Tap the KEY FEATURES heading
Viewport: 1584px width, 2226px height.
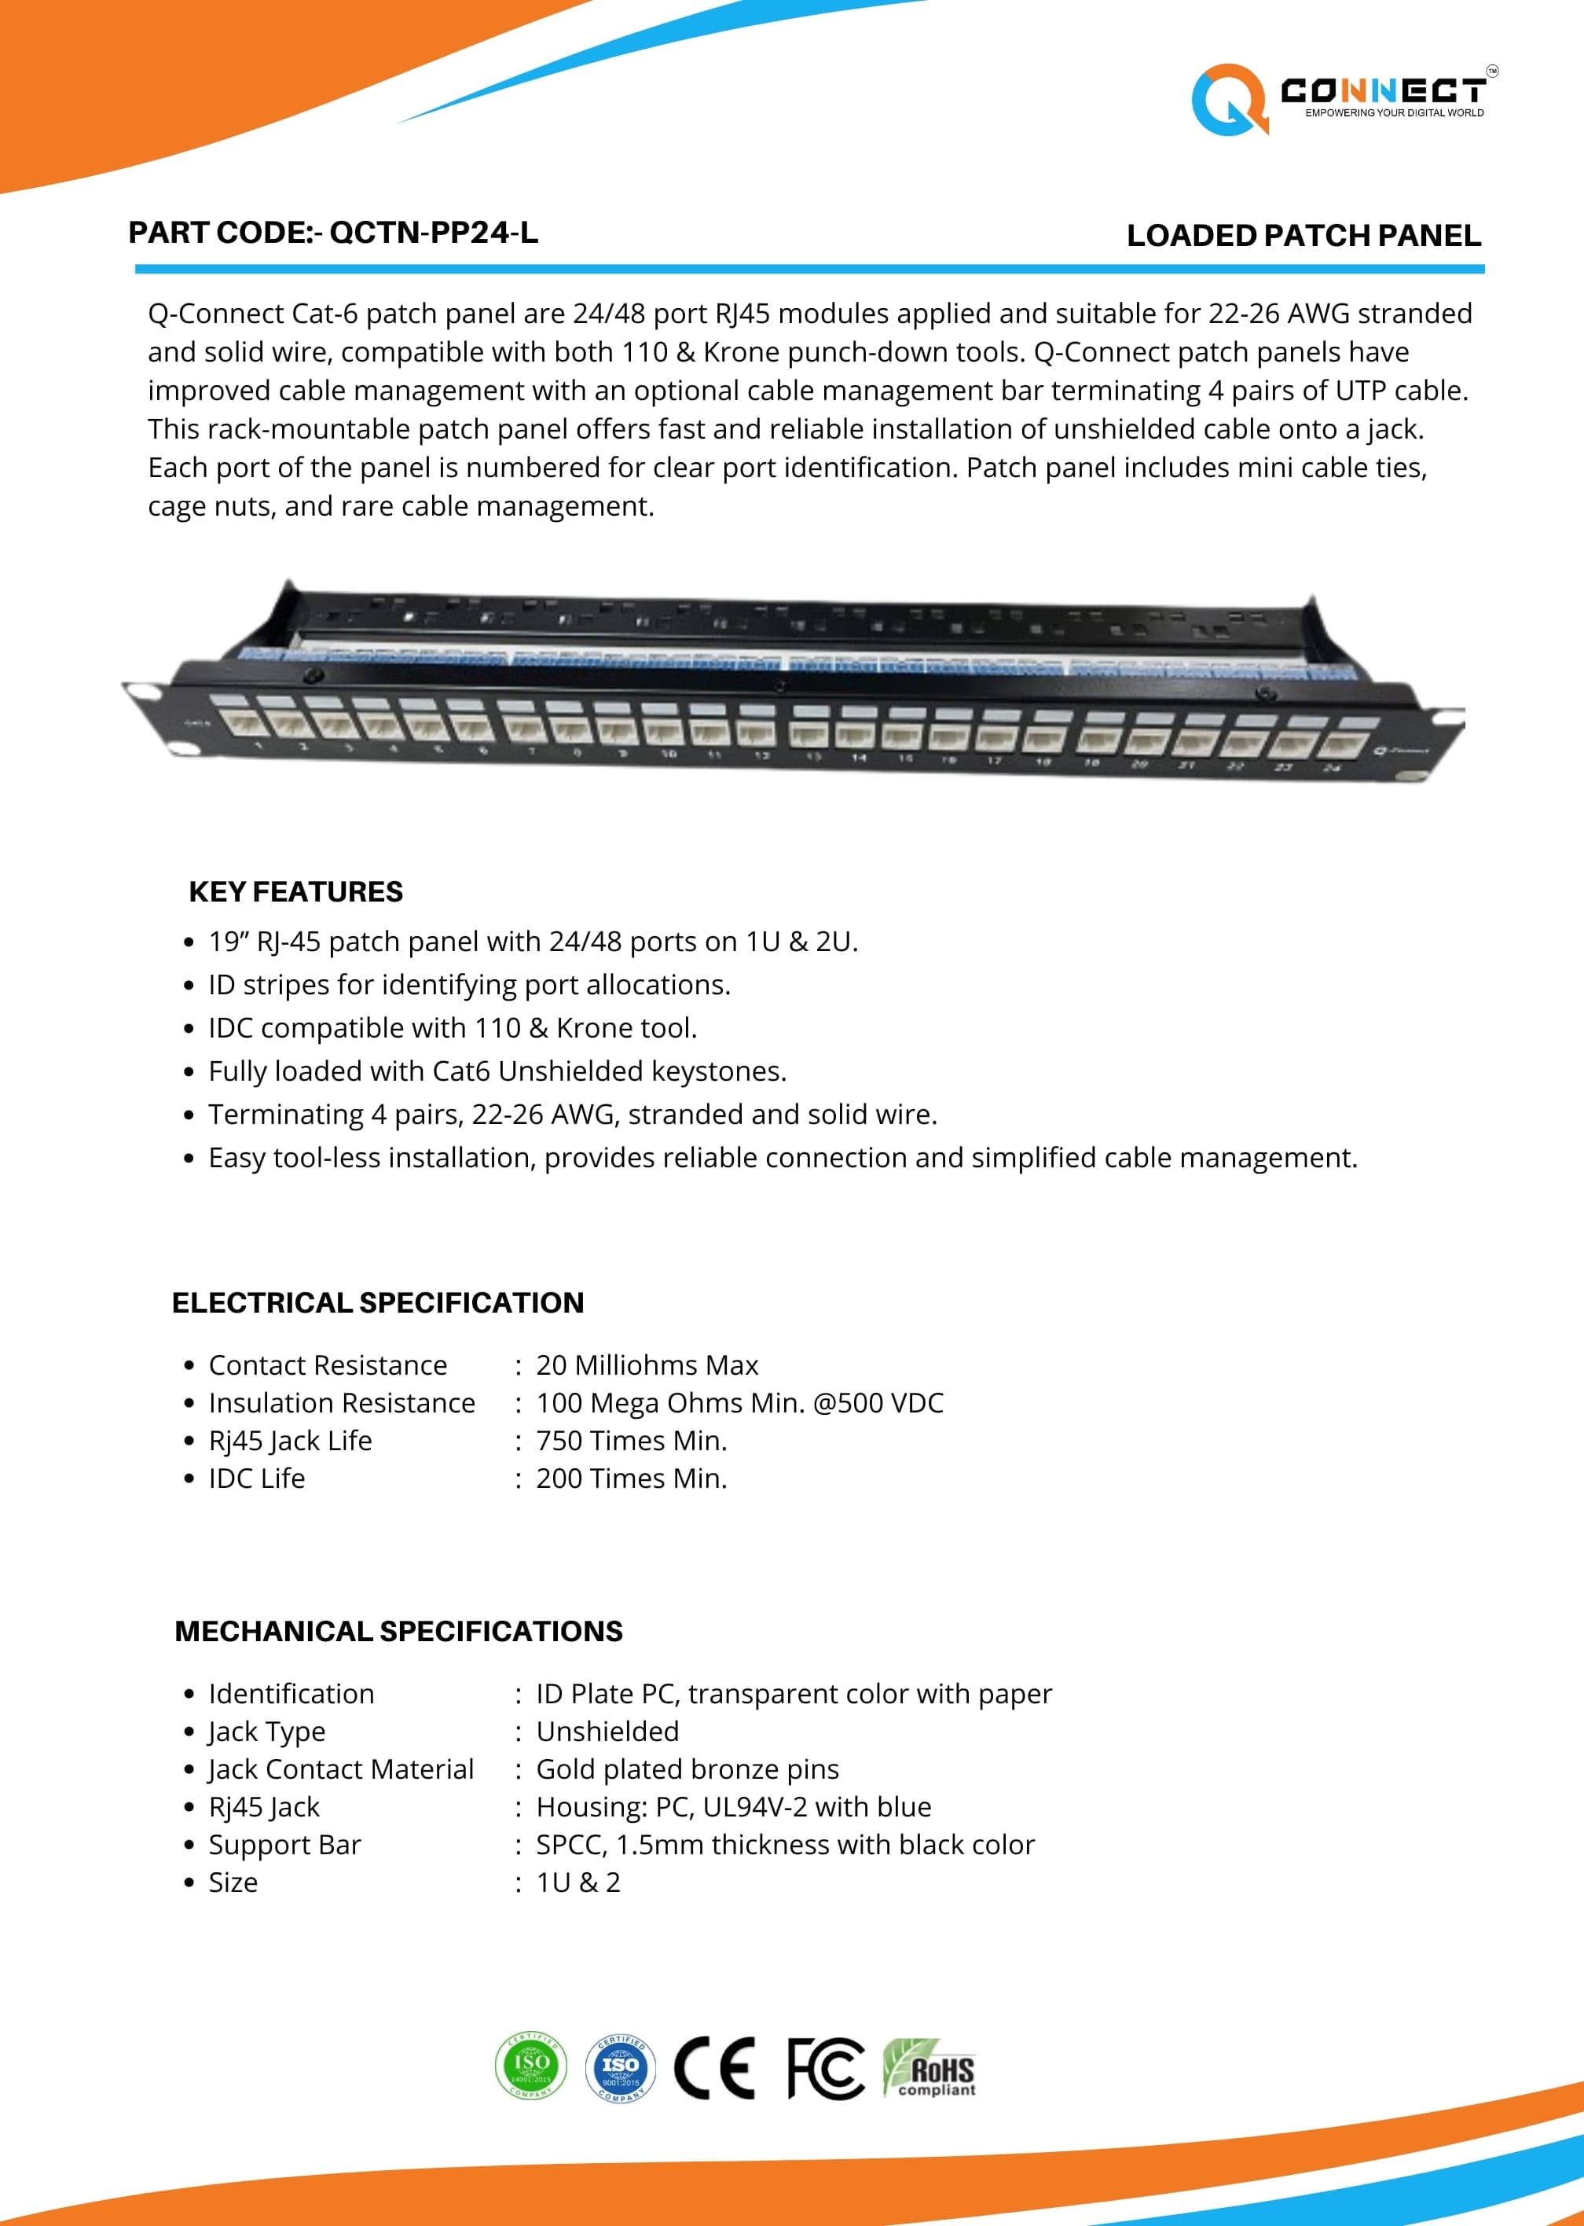pyautogui.click(x=295, y=891)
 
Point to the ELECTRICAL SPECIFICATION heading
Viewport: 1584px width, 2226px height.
pyautogui.click(x=377, y=1302)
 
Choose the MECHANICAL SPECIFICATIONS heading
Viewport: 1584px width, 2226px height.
pyautogui.click(x=398, y=1631)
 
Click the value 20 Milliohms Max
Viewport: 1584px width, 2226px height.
pyautogui.click(x=647, y=1365)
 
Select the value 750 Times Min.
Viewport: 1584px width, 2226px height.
pyautogui.click(x=631, y=1441)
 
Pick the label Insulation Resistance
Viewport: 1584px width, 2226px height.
pyautogui.click(x=341, y=1403)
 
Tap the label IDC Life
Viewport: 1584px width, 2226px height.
pyautogui.click(x=256, y=1478)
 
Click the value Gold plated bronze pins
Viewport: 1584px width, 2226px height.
pyautogui.click(x=687, y=1769)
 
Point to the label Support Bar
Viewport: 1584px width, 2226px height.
pyautogui.click(x=284, y=1845)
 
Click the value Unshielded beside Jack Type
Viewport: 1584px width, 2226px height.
pyautogui.click(x=607, y=1732)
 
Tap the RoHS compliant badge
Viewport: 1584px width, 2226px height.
pyautogui.click(x=929, y=2068)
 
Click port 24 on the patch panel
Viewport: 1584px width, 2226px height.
pyautogui.click(x=1341, y=744)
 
